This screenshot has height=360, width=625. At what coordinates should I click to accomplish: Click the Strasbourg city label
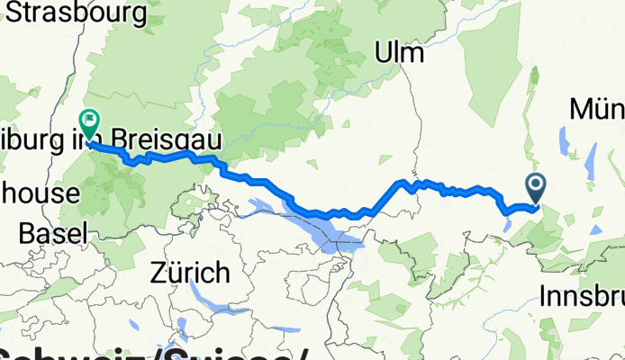(x=77, y=13)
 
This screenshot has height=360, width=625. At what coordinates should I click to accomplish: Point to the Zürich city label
(x=191, y=271)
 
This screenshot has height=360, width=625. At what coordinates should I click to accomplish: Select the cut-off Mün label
(x=598, y=110)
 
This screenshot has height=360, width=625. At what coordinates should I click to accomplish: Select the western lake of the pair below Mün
(x=566, y=141)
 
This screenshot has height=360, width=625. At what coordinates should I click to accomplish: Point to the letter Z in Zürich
(x=160, y=271)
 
